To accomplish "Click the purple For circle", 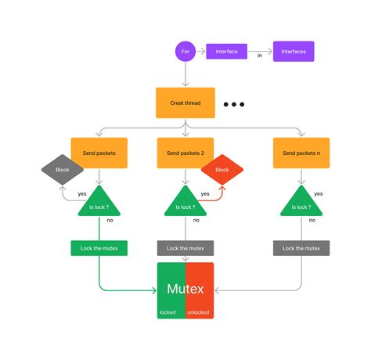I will point(185,52).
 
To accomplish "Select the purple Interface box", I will point(226,52).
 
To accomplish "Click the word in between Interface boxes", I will point(260,56).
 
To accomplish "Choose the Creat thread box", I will point(185,103).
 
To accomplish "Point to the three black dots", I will point(235,104).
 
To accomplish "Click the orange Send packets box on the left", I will point(99,153).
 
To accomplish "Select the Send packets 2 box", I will point(185,153).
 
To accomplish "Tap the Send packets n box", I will point(301,153).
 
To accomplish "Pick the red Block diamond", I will point(222,169).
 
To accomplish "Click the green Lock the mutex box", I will point(99,247).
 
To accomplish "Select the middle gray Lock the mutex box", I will point(185,247).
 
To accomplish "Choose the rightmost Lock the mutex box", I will point(301,247).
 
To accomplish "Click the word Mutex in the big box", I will point(185,289).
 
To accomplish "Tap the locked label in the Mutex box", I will point(168,311).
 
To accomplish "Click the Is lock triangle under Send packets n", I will point(301,205).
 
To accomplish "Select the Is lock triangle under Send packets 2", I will point(185,205).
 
